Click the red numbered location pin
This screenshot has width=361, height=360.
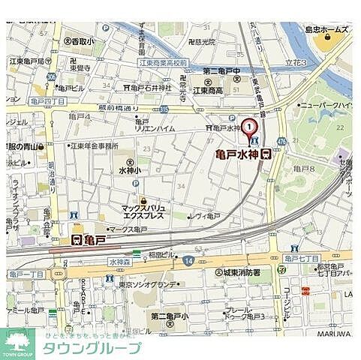(248, 128)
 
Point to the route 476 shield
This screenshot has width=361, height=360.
(281, 141)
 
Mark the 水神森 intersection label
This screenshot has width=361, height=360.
(119, 262)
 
